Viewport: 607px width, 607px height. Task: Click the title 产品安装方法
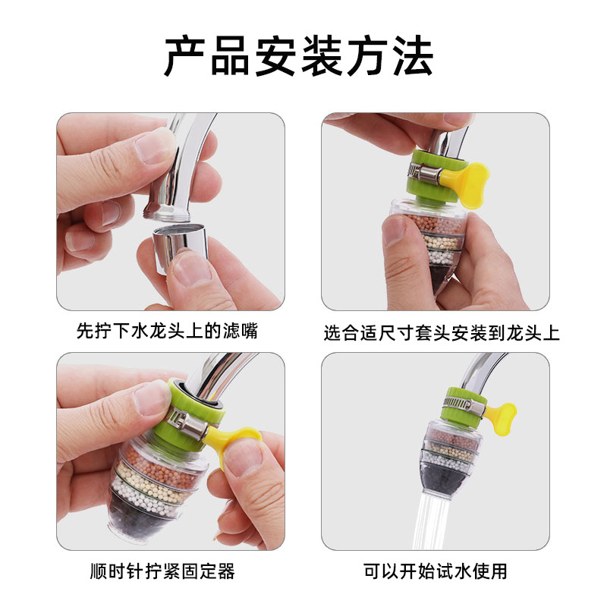299,57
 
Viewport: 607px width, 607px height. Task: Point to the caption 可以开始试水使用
436,571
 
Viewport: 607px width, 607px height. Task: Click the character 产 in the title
187,57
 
